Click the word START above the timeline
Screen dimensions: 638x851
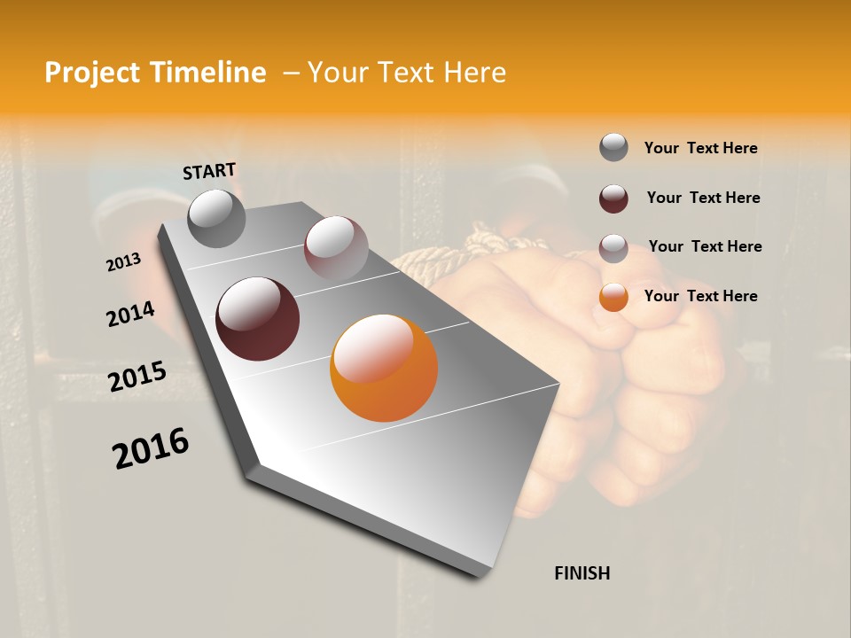coord(209,171)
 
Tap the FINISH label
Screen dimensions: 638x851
coord(582,573)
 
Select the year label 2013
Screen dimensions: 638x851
coord(123,262)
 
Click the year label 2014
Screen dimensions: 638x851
coord(130,314)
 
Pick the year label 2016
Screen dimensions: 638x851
coord(151,447)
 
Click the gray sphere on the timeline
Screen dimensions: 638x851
coord(216,218)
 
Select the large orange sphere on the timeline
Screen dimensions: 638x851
coord(384,368)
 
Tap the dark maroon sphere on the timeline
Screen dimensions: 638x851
coord(257,319)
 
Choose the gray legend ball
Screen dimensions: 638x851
coord(613,148)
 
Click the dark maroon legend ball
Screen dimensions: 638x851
coord(613,198)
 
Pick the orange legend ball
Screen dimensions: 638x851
coord(613,297)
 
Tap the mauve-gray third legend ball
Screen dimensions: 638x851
coord(613,247)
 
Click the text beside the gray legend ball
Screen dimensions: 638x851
coord(700,149)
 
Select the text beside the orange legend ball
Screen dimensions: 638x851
coord(700,296)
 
